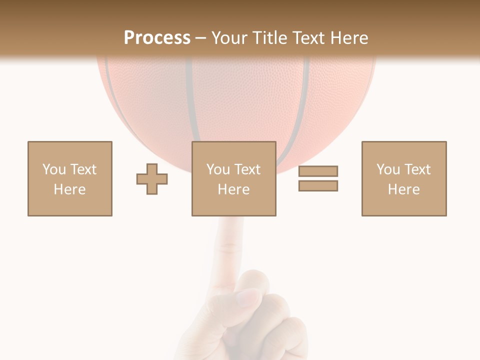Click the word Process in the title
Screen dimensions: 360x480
point(157,38)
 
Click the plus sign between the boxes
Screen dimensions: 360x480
point(152,178)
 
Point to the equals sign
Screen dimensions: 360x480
point(318,178)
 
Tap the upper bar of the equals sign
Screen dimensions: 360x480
point(318,171)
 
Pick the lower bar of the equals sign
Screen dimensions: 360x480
point(318,185)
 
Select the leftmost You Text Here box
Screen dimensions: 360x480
point(69,178)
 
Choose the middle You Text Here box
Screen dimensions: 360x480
point(233,178)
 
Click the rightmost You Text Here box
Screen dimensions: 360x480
point(403,178)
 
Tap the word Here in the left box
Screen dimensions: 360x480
point(69,189)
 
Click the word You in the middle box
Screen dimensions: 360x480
point(218,169)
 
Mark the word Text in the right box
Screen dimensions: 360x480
point(417,169)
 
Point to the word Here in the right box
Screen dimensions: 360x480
point(403,189)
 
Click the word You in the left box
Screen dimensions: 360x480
point(54,169)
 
